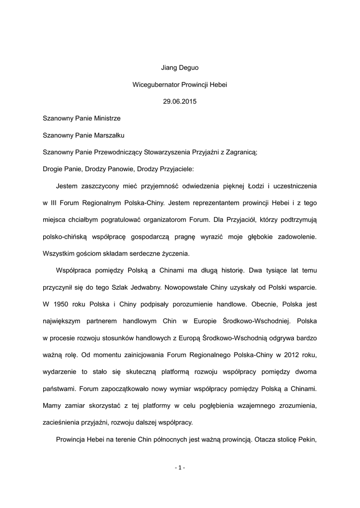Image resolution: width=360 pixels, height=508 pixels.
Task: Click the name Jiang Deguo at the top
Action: point(180,67)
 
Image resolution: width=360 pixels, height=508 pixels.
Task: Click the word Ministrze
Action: point(105,119)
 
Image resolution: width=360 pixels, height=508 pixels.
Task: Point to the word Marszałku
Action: point(107,135)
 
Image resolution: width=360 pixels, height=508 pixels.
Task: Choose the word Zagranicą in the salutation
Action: point(240,151)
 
